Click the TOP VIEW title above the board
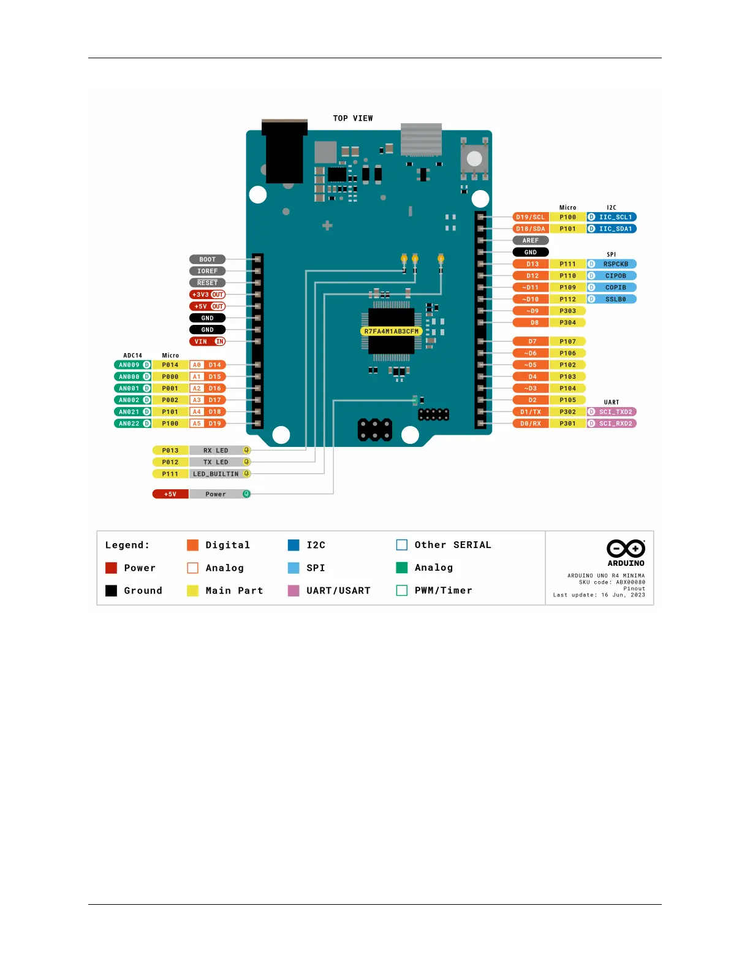coord(353,118)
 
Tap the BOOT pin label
coord(207,259)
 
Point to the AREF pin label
coord(531,240)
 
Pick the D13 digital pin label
coord(532,264)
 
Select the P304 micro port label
coord(567,322)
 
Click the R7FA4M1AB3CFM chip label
coord(392,332)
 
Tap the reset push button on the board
coord(474,159)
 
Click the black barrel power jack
coord(284,153)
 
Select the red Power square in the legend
coord(111,568)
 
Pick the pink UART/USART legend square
coord(294,590)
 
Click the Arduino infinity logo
coord(626,549)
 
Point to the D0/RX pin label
coord(531,424)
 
